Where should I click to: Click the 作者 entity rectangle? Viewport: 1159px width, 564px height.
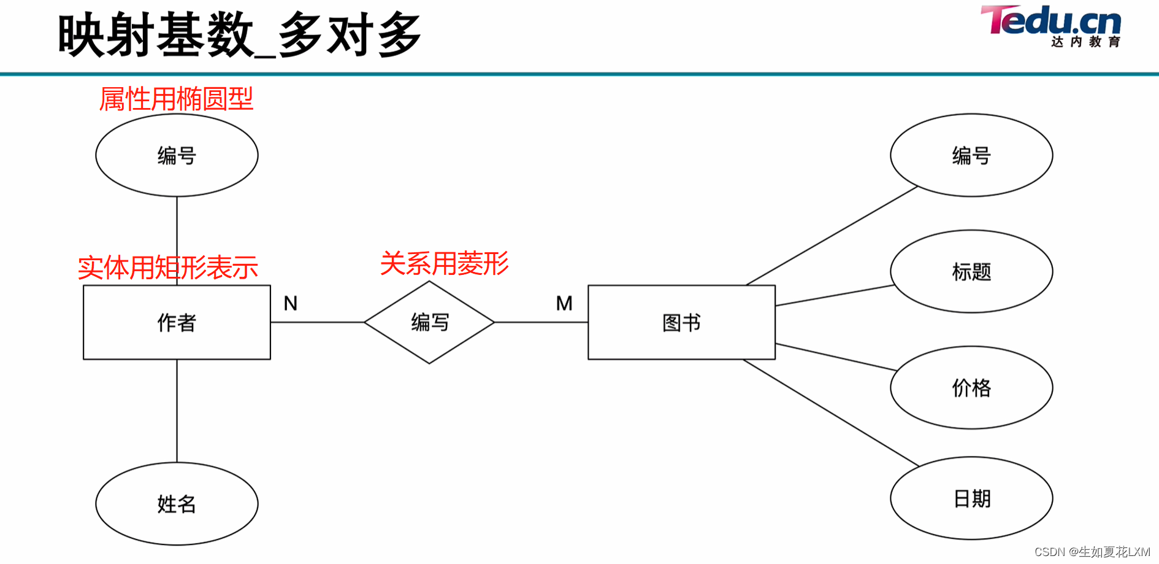point(177,322)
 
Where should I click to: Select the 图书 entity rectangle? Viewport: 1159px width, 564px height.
point(681,322)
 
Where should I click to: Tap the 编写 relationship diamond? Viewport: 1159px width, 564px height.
point(429,322)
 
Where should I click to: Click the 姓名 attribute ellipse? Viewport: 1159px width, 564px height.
point(177,504)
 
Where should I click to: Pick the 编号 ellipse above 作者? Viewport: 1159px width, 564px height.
point(177,155)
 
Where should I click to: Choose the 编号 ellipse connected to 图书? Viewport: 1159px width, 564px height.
point(971,155)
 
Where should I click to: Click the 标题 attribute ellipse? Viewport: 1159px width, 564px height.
point(971,271)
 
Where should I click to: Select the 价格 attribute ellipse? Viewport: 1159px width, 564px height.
point(971,388)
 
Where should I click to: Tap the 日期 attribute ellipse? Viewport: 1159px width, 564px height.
point(971,498)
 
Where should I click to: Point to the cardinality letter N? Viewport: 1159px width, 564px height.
point(291,303)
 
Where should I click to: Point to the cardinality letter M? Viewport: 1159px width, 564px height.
point(564,303)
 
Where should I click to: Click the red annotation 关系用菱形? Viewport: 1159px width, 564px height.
point(444,264)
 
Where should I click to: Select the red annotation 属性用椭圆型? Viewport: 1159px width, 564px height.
point(176,99)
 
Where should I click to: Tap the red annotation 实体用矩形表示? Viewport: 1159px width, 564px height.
point(167,268)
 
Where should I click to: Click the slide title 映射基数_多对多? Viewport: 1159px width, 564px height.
point(239,36)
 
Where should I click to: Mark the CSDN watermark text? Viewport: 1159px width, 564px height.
point(1092,552)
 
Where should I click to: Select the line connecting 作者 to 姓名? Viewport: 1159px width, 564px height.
point(177,411)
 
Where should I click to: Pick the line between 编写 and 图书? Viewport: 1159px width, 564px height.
point(541,322)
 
